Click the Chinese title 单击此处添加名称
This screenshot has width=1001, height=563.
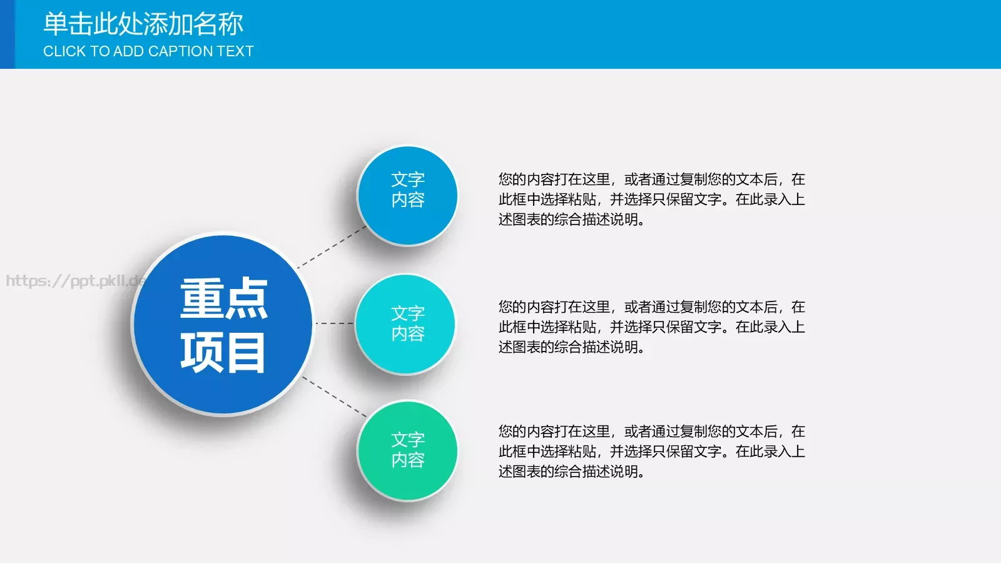[143, 24]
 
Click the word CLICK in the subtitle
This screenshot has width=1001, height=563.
[64, 51]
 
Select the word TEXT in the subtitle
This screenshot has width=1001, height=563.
[235, 51]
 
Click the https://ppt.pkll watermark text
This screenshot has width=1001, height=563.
[72, 281]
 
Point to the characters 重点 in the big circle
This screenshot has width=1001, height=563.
[223, 299]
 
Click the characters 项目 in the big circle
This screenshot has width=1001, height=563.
[223, 352]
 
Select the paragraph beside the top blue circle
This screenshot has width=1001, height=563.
[651, 200]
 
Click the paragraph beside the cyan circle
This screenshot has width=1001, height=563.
[651, 327]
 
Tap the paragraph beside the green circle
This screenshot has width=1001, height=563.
[651, 452]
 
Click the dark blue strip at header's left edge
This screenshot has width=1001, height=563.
[7, 34]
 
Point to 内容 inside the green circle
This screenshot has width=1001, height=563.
[408, 460]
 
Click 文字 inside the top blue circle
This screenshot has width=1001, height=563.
[408, 180]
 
